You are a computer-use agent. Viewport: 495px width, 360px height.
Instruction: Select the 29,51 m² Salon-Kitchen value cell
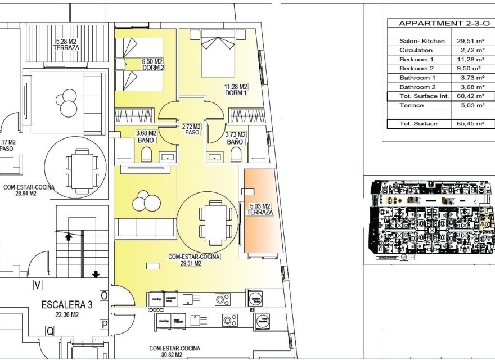[x=472, y=41]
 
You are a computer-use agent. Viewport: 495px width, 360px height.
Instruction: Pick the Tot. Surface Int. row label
[x=424, y=96]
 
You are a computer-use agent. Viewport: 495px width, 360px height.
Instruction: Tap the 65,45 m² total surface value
[x=472, y=124]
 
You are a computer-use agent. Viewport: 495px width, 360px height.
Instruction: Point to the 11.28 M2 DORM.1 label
[x=236, y=90]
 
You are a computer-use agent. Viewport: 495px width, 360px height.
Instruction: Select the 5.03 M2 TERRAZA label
[x=260, y=209]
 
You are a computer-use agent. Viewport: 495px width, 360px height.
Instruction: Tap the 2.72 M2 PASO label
[x=192, y=129]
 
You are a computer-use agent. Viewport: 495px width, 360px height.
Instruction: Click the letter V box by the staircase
[x=37, y=285]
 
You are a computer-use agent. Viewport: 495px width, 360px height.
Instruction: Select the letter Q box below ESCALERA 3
[x=50, y=332]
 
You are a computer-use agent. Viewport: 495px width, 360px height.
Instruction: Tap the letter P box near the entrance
[x=103, y=324]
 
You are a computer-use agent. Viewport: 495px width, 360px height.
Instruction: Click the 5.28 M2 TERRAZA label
[x=66, y=44]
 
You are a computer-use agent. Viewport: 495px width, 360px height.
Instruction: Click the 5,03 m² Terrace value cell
[x=472, y=106]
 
